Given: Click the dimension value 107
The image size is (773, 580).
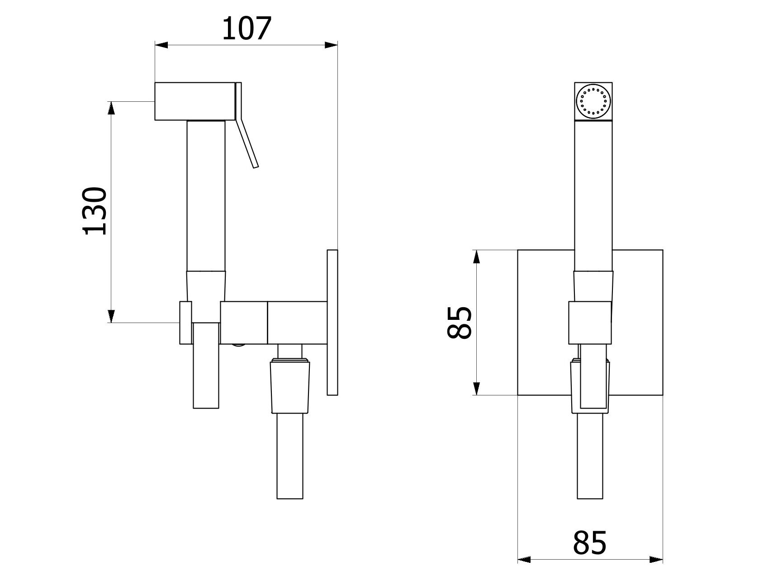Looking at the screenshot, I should (247, 28).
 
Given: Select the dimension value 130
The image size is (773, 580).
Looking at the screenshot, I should (95, 211).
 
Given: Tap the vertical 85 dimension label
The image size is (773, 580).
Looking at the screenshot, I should (460, 322).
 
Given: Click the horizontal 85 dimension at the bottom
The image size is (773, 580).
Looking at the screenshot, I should (589, 542).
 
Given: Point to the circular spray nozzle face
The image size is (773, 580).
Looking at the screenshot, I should (593, 101).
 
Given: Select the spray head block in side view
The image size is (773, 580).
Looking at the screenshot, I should (194, 101).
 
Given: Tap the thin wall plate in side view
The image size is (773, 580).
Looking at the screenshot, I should (332, 322).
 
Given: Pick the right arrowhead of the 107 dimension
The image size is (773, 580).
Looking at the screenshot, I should (331, 44).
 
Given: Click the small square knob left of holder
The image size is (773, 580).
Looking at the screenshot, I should (185, 322).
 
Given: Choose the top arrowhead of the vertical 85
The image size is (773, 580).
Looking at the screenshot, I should (476, 257).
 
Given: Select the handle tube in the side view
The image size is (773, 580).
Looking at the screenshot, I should (206, 195).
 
